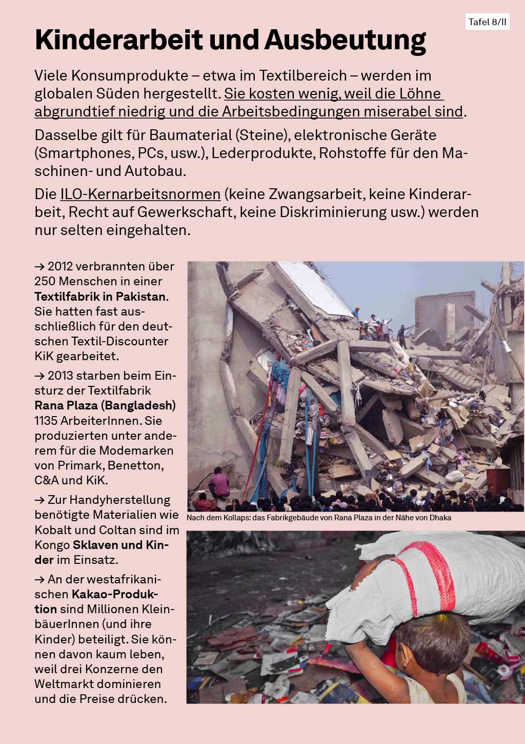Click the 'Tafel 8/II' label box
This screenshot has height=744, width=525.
(x=487, y=22)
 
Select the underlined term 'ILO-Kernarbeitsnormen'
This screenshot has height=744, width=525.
(x=140, y=194)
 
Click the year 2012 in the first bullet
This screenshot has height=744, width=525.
(x=60, y=267)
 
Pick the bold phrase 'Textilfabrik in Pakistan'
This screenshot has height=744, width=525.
(x=100, y=297)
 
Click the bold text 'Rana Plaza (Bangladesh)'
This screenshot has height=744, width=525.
(x=105, y=405)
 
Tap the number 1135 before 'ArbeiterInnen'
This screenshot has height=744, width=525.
(x=46, y=421)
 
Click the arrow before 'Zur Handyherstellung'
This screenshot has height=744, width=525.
(x=39, y=500)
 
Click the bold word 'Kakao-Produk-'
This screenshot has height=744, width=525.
(x=114, y=594)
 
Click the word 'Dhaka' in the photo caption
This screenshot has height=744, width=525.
(x=440, y=518)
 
